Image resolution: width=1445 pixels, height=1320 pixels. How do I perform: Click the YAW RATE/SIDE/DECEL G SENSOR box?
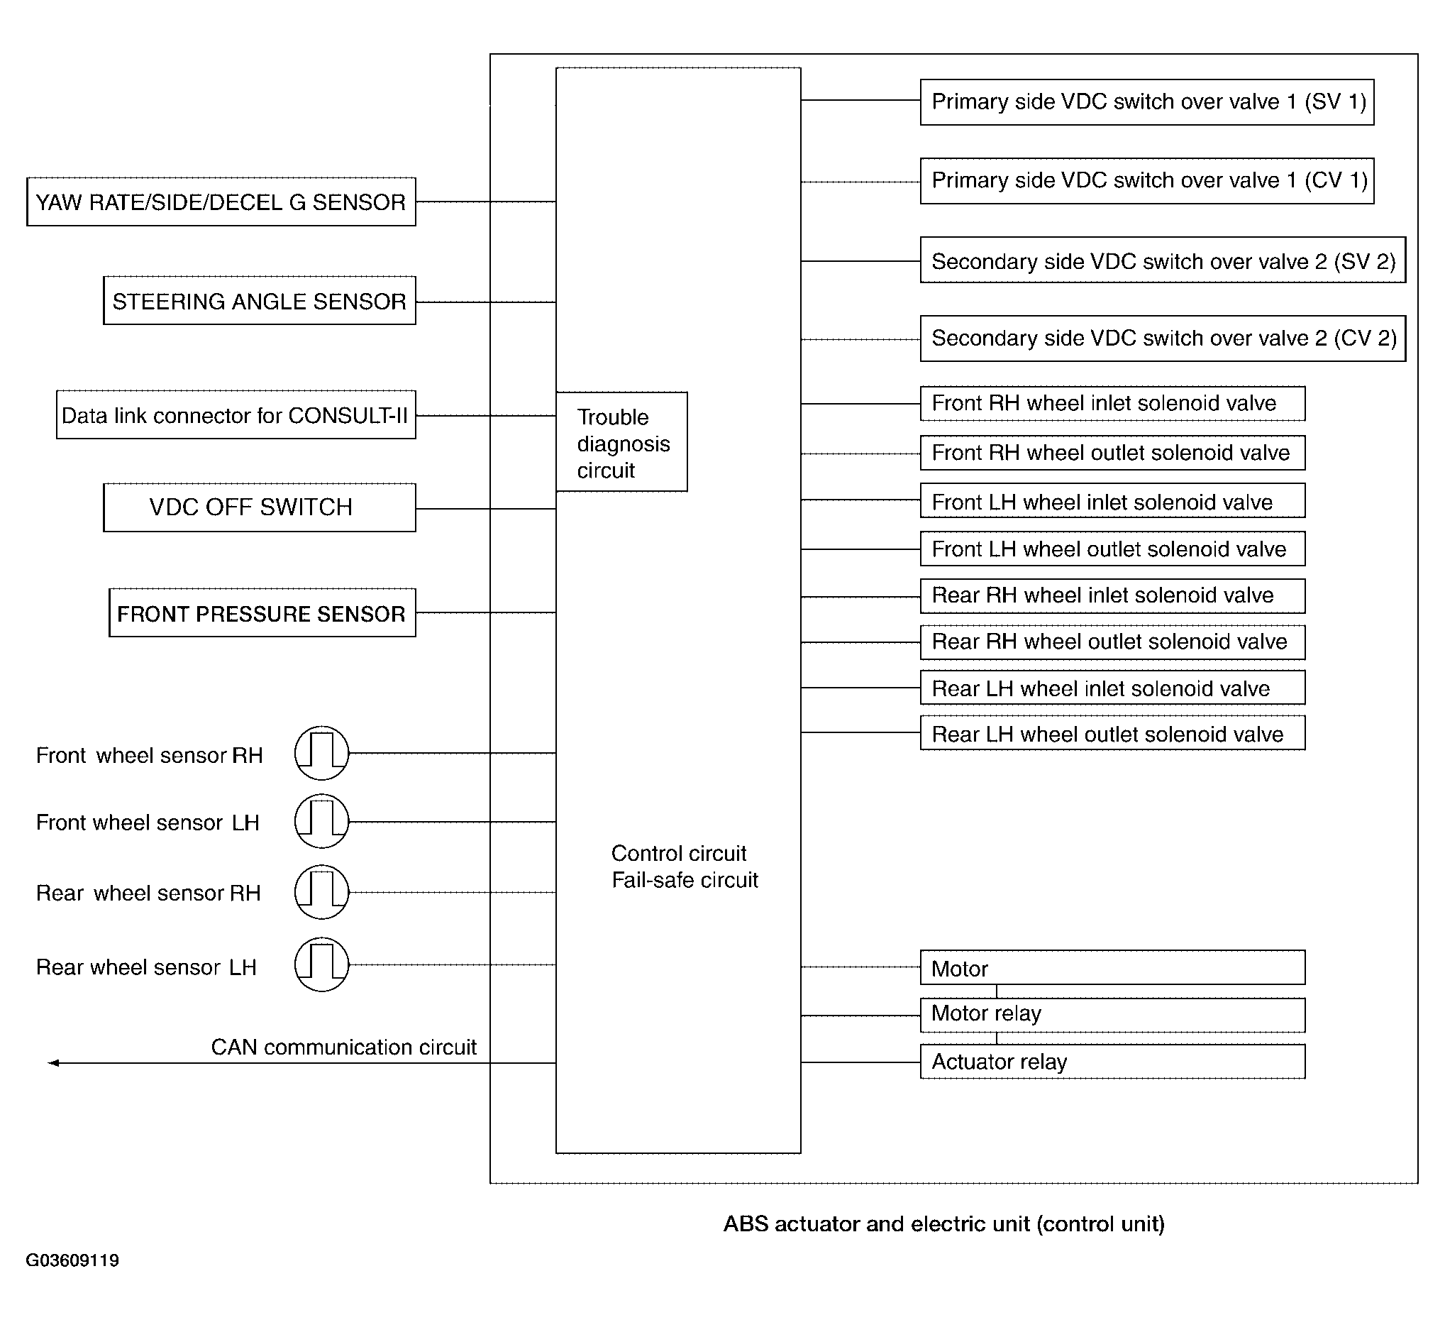[x=221, y=202]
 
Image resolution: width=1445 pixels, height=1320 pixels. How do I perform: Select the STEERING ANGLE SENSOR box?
[x=260, y=301]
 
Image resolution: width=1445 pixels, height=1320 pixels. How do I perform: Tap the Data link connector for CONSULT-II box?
[x=236, y=415]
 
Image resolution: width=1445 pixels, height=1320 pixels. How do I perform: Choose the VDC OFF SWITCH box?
[x=260, y=507]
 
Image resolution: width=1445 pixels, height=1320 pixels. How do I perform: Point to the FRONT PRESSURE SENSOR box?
[x=262, y=613]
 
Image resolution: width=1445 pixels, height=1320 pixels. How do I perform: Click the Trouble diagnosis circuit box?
[x=621, y=442]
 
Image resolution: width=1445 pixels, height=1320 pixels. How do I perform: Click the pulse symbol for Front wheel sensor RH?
[x=322, y=753]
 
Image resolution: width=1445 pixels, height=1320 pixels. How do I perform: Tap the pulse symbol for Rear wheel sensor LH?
[x=322, y=964]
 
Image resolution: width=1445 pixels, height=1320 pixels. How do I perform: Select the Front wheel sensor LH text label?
[x=148, y=823]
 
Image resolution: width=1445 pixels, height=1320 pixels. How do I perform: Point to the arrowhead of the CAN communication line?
[x=53, y=1062]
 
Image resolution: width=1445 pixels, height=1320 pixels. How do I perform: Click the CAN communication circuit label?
[x=343, y=1047]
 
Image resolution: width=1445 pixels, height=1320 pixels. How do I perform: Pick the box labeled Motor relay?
[x=1112, y=1015]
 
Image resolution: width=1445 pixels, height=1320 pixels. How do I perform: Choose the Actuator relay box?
[x=1112, y=1062]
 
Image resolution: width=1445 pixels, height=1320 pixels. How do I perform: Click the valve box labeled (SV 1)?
[x=1147, y=102]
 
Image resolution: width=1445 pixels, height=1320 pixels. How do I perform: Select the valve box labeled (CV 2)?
[x=1163, y=339]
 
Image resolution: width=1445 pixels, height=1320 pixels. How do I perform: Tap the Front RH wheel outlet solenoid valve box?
[x=1112, y=453]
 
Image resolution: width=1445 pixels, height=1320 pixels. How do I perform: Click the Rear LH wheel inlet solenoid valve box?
[x=1112, y=688]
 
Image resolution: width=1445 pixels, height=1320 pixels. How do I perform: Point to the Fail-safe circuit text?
[x=685, y=881]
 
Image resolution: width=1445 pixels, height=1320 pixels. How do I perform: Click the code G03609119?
[x=72, y=1260]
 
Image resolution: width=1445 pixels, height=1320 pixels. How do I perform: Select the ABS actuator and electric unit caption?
[x=943, y=1223]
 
